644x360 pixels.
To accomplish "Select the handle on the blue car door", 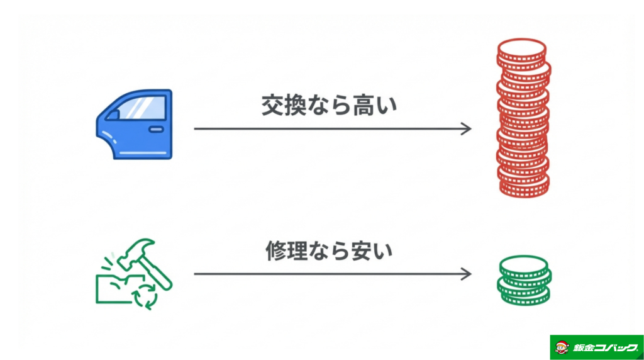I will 155,129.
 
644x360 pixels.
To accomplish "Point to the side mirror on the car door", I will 113,115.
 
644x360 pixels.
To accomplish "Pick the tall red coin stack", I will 522,120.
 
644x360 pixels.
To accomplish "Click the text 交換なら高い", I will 330,106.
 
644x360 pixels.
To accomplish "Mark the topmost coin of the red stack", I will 521,48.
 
